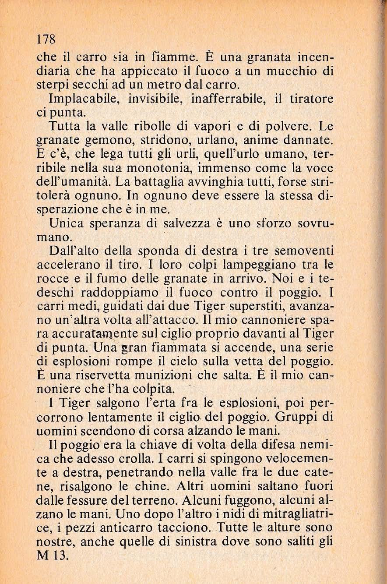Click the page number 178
pyautogui.click(x=46, y=38)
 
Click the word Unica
pyautogui.click(x=65, y=223)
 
